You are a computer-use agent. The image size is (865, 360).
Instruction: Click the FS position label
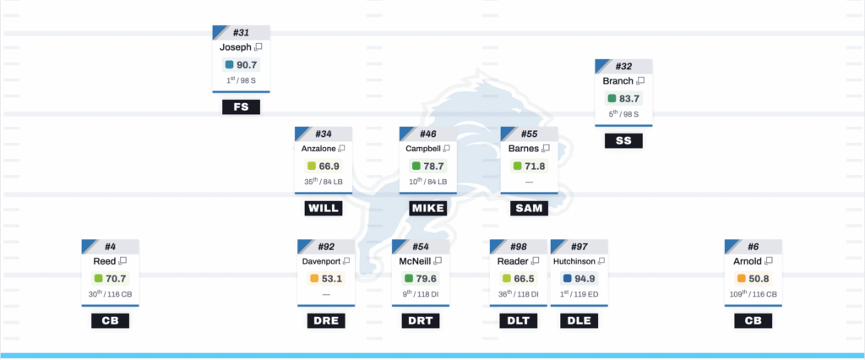coord(241,107)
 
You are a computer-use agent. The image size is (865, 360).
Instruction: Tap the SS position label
coord(623,141)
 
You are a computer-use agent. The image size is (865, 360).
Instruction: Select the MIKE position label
coord(427,208)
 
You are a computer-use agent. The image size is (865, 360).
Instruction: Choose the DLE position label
coord(579,321)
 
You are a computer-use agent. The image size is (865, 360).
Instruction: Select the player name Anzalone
coord(318,149)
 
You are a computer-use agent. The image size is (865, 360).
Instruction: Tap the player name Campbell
coord(423,149)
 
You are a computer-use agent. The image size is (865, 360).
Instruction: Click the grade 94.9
coord(584,279)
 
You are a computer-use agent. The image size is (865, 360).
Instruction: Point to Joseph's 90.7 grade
coord(246,64)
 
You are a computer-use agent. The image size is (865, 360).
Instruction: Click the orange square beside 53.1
coord(314,279)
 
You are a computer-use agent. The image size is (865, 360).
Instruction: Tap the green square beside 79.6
coord(409,279)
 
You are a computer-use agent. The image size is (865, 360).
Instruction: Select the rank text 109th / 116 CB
coord(753,295)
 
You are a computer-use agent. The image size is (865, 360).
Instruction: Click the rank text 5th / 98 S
coord(623,114)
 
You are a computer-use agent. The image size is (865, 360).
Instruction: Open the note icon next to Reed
coord(122,262)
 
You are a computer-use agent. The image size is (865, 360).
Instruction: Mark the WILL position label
coord(323,208)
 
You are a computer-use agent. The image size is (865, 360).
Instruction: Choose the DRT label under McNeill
coord(421,321)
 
